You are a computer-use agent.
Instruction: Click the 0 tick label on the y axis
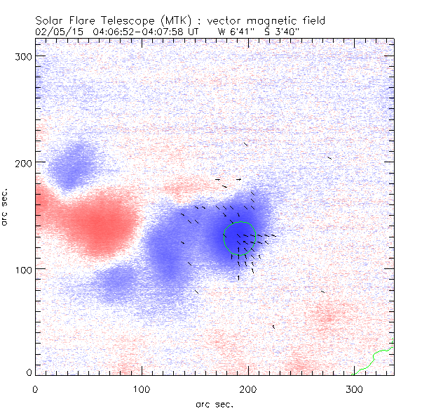click(29, 372)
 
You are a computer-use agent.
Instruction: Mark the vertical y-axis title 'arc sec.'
click(6, 207)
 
